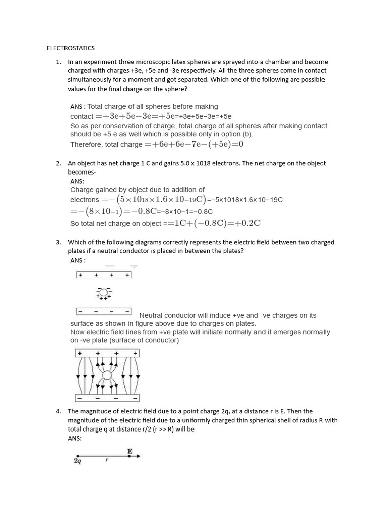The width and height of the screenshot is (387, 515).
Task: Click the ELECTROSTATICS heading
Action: coord(71,48)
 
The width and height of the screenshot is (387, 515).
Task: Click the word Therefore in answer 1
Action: coord(86,145)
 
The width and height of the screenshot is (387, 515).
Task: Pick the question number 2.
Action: coord(58,163)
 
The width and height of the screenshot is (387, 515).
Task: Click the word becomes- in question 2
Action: coord(82,172)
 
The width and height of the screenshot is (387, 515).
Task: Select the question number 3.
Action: coord(58,242)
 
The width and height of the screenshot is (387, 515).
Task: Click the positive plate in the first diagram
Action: coord(103,275)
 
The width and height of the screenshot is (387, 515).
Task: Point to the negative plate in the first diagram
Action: coord(103,311)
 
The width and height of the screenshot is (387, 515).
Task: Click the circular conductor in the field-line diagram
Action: coord(107,375)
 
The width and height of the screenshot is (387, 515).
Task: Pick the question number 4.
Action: coord(58,411)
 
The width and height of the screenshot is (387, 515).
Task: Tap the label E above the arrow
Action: coord(130,452)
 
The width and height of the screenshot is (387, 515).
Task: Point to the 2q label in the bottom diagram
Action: coord(78,460)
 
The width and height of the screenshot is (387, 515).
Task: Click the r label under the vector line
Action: coord(106,460)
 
